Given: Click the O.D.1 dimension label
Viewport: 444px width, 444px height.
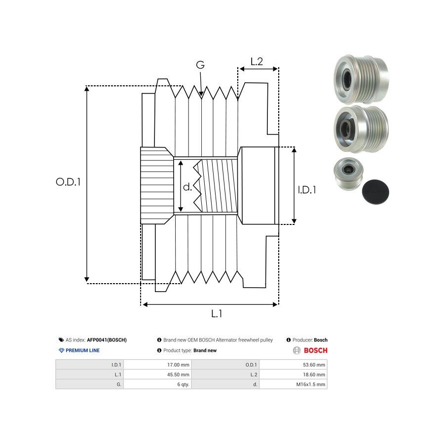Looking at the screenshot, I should click(x=68, y=182).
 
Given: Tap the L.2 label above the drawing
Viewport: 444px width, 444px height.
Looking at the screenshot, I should click(x=257, y=62).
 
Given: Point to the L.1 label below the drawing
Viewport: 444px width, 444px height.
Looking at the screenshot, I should click(x=217, y=313).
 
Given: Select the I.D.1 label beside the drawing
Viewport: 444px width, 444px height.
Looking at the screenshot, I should click(x=307, y=189).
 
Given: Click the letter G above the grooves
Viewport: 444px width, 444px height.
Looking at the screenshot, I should click(x=200, y=65).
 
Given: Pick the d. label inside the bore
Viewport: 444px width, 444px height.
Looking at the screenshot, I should click(x=187, y=187).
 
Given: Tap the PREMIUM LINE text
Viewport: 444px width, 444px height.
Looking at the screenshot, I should click(x=82, y=350).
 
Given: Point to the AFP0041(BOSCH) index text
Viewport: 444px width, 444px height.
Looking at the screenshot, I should click(x=107, y=340).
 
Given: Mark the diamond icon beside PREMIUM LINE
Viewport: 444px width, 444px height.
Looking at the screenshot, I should click(x=61, y=350).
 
